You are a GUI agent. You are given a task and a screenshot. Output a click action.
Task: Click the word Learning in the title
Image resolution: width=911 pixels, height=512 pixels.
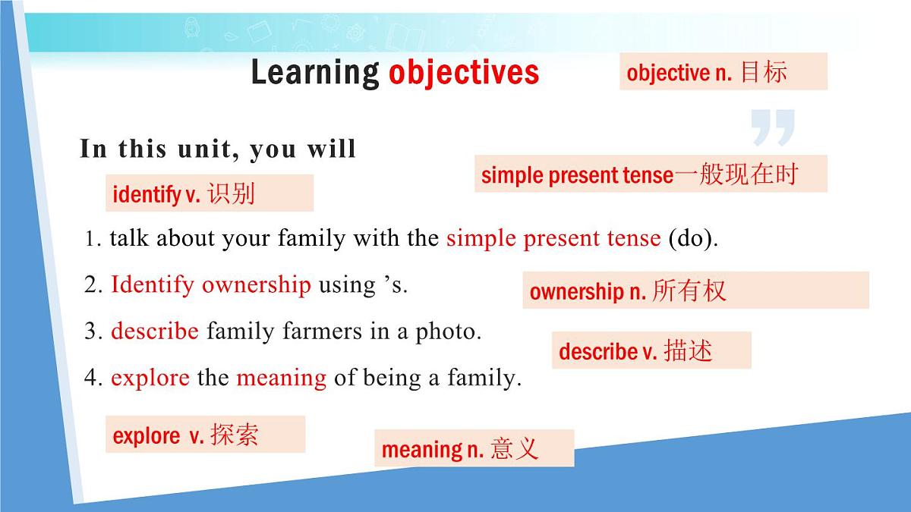(314, 73)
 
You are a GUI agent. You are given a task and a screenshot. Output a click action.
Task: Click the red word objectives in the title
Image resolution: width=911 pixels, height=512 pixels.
(463, 73)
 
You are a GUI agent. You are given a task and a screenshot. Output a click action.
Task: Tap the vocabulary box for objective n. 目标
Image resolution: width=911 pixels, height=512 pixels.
(723, 72)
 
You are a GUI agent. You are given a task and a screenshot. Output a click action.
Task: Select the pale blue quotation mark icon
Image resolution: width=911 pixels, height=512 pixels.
(772, 127)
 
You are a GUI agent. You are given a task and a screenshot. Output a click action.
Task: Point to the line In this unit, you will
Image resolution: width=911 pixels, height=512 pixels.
(218, 149)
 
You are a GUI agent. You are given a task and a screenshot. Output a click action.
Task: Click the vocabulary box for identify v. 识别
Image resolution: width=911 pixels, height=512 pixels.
(209, 193)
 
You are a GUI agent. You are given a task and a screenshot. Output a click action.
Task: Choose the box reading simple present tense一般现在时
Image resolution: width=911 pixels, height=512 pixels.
(650, 174)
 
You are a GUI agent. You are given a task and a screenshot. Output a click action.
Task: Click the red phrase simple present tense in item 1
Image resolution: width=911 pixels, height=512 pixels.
(553, 239)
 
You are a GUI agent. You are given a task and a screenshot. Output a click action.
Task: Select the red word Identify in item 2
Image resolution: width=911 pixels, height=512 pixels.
(153, 285)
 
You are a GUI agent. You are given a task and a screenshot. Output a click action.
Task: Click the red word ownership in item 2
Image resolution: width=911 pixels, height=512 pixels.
(256, 285)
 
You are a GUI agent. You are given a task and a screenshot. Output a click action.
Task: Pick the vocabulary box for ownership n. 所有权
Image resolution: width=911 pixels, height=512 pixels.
(695, 291)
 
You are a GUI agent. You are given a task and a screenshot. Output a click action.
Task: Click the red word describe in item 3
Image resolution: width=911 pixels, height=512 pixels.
(155, 331)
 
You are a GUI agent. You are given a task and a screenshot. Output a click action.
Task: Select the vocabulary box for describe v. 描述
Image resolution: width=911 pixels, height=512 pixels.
(651, 350)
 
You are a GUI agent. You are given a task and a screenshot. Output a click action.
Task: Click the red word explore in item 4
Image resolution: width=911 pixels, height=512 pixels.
(150, 378)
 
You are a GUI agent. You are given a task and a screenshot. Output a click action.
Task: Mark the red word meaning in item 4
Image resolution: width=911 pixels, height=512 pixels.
(281, 378)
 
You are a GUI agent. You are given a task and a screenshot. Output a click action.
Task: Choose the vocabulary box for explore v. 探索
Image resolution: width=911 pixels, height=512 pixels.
(205, 435)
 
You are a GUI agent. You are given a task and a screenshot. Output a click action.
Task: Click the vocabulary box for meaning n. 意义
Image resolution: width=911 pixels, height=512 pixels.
(474, 448)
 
